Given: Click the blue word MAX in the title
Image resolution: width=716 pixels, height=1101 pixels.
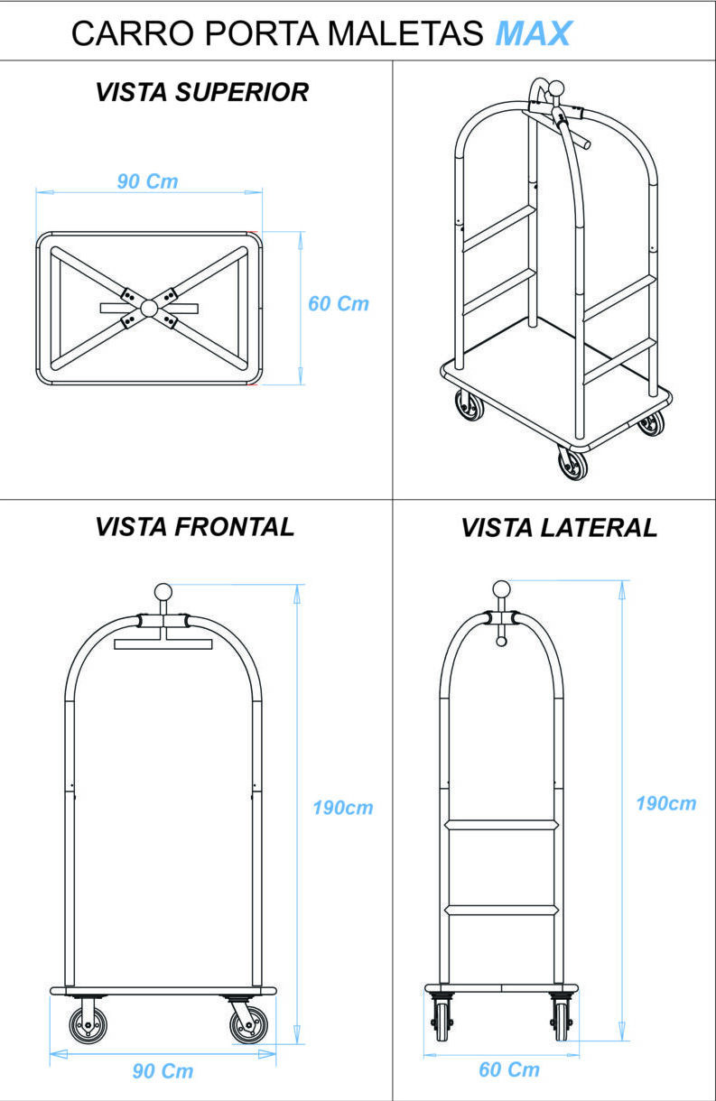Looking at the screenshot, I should click(533, 33).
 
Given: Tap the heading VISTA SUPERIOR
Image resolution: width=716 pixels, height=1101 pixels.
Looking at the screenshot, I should click(202, 92).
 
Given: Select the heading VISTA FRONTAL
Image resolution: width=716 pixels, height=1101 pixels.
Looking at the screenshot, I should click(195, 527).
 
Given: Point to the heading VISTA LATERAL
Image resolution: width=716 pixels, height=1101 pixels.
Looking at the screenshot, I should click(559, 529).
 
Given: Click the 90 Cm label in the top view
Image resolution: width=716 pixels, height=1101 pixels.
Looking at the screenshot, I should click(148, 181).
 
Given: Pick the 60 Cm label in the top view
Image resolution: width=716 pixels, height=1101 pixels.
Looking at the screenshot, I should click(339, 303).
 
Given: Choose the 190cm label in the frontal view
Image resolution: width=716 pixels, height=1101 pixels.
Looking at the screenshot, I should click(343, 808).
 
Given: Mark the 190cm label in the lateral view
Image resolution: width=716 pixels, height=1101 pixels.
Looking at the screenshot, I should click(666, 803).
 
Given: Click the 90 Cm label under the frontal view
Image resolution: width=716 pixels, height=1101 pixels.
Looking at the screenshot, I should click(163, 1071).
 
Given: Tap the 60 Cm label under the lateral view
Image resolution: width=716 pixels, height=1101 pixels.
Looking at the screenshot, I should click(509, 1070).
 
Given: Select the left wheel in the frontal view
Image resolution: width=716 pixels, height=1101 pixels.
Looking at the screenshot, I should click(88, 1025).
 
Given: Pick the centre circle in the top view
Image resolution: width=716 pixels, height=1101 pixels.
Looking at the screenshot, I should click(149, 308).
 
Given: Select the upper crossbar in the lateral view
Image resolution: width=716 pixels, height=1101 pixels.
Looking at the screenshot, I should click(502, 824).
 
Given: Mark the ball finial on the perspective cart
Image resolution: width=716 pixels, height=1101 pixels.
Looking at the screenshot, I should click(557, 89).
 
